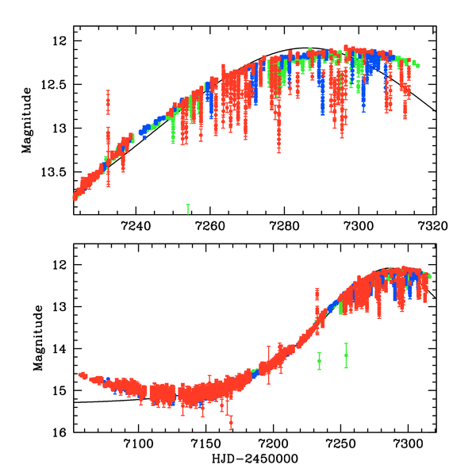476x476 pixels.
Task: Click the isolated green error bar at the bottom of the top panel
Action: click(x=188, y=209)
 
